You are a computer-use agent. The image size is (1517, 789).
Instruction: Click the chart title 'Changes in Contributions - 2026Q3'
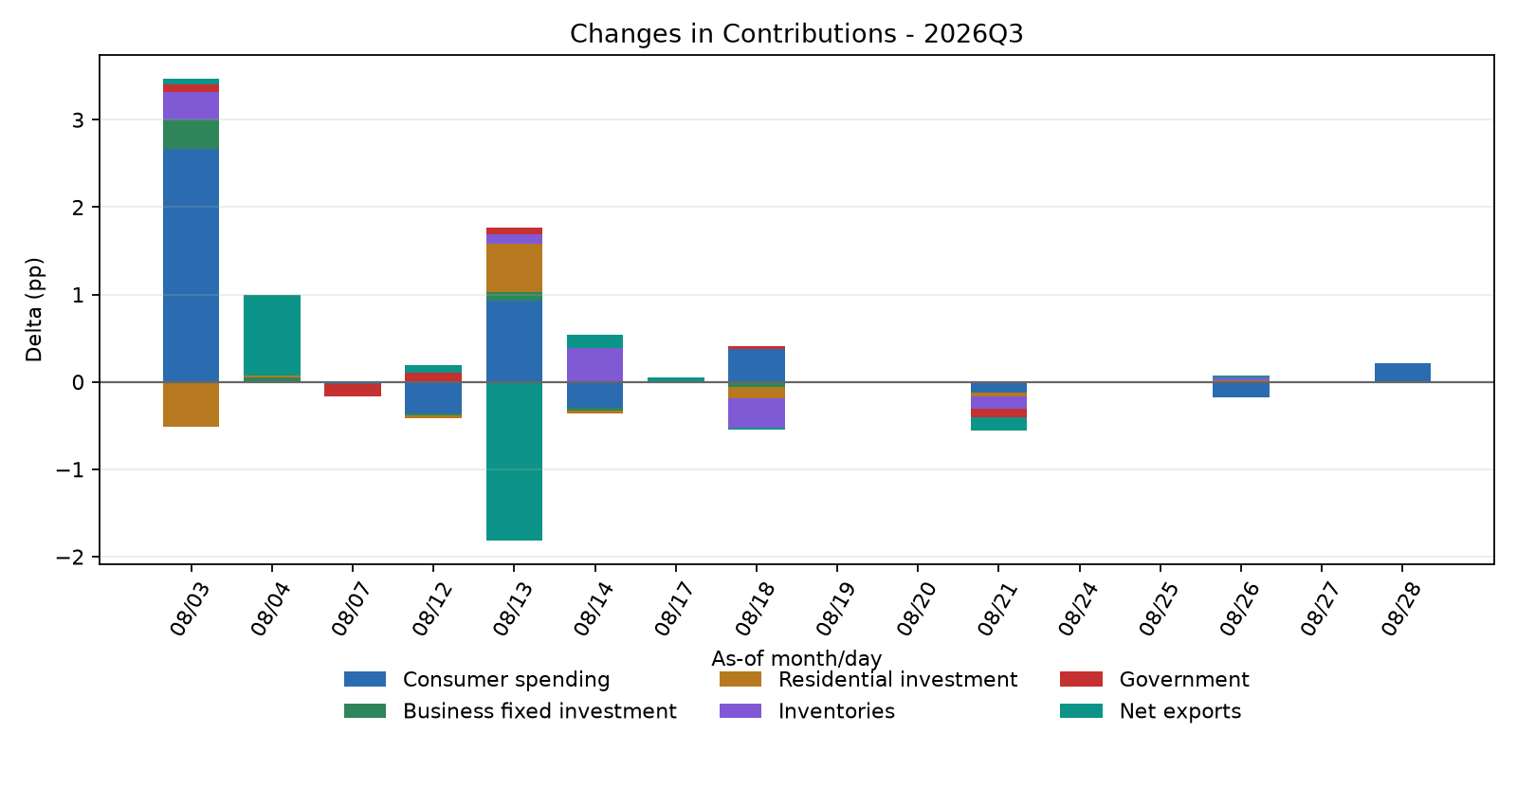796,34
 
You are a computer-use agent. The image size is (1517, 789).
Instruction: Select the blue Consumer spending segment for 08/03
191,265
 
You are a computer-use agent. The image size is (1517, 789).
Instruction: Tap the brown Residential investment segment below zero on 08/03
191,404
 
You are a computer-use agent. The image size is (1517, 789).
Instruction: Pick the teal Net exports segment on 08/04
272,336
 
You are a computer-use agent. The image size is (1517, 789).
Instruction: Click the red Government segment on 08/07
353,390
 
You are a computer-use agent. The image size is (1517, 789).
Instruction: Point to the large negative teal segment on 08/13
514,461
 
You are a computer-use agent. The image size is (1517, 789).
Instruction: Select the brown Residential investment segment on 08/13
514,267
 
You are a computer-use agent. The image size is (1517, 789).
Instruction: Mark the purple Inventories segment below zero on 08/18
757,413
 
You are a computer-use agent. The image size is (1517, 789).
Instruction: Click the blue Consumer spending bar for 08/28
1402,373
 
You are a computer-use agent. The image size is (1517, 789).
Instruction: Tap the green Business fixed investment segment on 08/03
191,134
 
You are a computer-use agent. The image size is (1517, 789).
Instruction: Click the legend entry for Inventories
807,711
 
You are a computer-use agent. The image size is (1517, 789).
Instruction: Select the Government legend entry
1155,679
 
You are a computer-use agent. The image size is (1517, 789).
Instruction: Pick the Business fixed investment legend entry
510,711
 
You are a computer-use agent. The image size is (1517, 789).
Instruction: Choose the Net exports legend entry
1151,711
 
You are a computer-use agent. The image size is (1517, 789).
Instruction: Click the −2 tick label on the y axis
70,558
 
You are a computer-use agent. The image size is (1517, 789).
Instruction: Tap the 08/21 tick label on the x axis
996,609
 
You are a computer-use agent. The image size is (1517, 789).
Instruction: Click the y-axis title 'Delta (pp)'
34,309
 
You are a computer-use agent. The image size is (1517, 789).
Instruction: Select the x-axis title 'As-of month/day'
796,658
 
